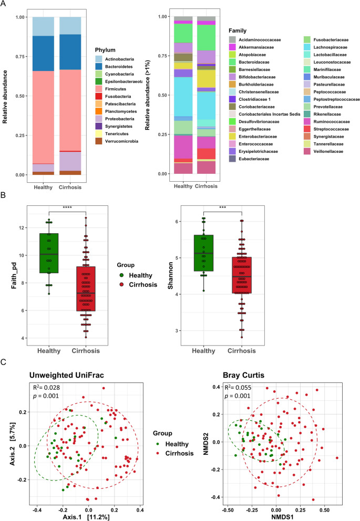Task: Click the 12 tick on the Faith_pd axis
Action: (23, 228)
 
